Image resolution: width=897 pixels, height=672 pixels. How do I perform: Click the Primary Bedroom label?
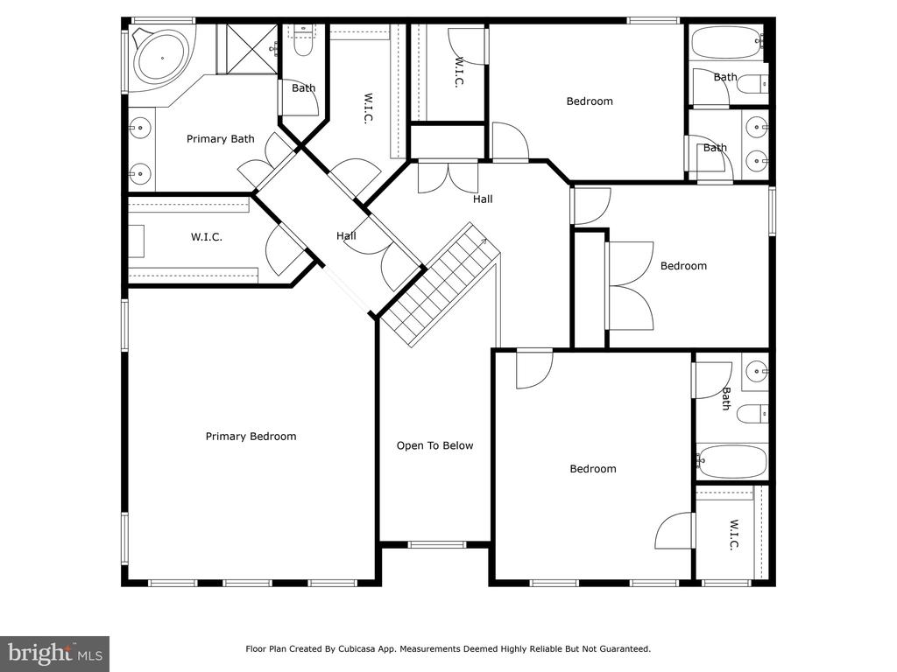coord(251,437)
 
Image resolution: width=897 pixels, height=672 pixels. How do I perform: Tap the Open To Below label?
coord(434,445)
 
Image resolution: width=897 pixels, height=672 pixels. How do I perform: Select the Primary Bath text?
coord(220,139)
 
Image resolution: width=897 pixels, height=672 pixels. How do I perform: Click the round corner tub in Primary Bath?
coord(162,57)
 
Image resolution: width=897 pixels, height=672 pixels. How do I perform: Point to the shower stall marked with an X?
coord(252,49)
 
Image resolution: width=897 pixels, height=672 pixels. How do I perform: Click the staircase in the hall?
coord(441,284)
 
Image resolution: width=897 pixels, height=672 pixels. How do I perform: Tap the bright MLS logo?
coord(55,654)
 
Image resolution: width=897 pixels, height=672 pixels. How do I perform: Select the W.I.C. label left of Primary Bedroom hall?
coord(206,236)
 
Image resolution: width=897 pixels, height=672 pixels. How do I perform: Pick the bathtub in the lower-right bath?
coord(731,462)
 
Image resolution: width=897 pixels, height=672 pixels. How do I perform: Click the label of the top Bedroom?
coord(590,101)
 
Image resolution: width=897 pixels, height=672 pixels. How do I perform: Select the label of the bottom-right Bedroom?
coord(593,469)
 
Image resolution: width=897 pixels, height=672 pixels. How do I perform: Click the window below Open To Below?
coord(437,544)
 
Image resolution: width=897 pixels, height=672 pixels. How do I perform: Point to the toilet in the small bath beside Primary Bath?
coord(302,42)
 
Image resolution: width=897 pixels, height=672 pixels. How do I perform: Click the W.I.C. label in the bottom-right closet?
coord(734,535)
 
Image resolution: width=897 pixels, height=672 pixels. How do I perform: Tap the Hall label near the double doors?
coord(483,199)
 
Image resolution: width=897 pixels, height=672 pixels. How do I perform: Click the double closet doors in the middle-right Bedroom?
coord(630,286)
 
